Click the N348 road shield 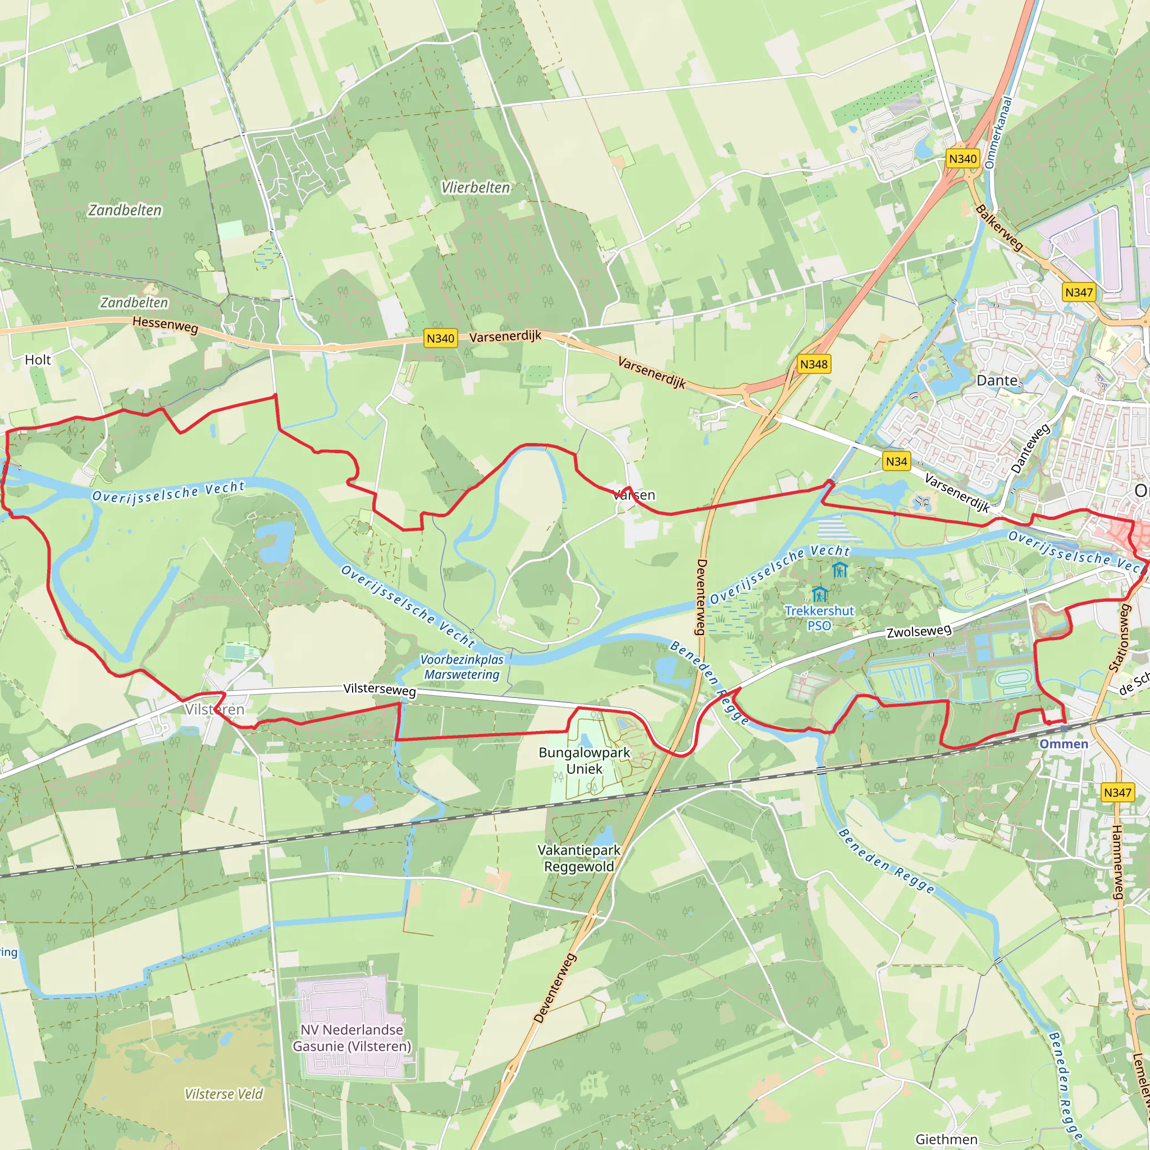pyautogui.click(x=814, y=364)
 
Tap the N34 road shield pyautogui.click(x=896, y=462)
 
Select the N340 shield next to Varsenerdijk pyautogui.click(x=440, y=338)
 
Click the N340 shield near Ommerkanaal pyautogui.click(x=962, y=158)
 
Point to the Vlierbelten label pyautogui.click(x=476, y=188)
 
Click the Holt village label pyautogui.click(x=38, y=359)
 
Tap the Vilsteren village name pyautogui.click(x=215, y=710)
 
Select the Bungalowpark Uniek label pyautogui.click(x=584, y=760)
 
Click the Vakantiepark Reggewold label pyautogui.click(x=578, y=858)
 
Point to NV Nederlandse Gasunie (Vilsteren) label pyautogui.click(x=352, y=1038)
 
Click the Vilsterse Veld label pyautogui.click(x=223, y=1094)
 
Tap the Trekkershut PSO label pyautogui.click(x=819, y=618)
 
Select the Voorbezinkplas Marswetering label pyautogui.click(x=462, y=667)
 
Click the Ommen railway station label pyautogui.click(x=1063, y=744)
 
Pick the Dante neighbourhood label pyautogui.click(x=997, y=380)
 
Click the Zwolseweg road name pyautogui.click(x=919, y=631)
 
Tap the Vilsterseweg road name pyautogui.click(x=379, y=690)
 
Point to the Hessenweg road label pyautogui.click(x=165, y=325)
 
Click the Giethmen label pyautogui.click(x=946, y=1139)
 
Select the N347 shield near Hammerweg pyautogui.click(x=1117, y=792)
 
